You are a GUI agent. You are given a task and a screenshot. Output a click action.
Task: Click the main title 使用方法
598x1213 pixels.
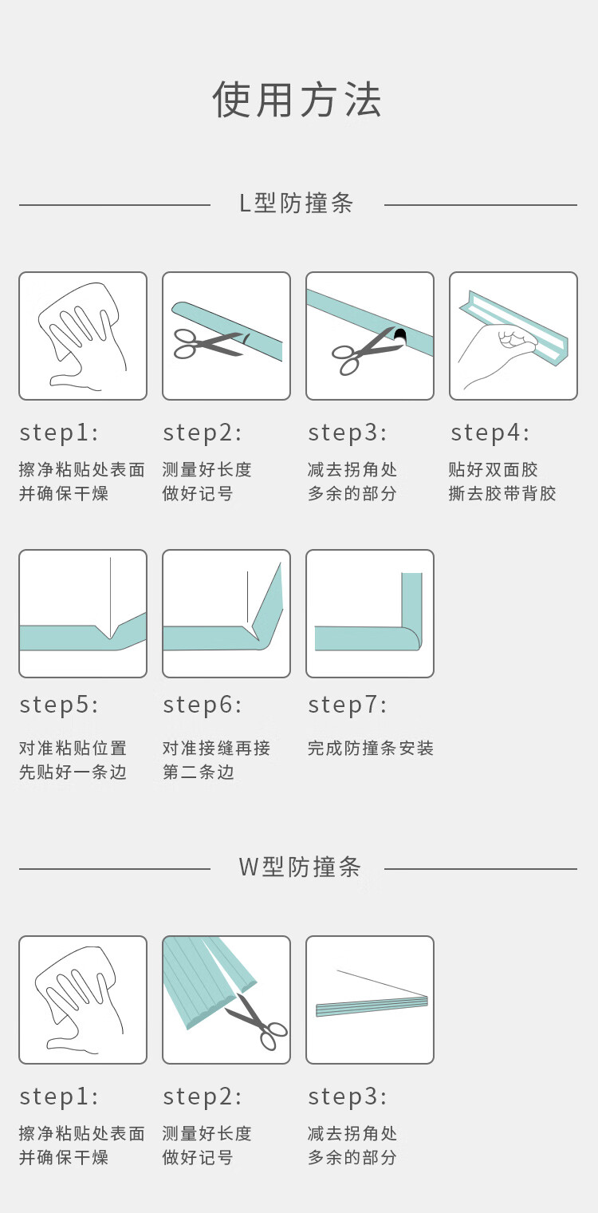(297, 100)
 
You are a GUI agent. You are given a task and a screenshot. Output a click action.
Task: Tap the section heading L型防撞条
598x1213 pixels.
(297, 203)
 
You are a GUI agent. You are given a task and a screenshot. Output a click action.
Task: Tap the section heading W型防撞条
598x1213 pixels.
(300, 867)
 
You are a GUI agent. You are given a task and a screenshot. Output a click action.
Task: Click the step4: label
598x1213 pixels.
(490, 433)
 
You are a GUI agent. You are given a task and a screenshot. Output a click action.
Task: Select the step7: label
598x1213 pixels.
(348, 705)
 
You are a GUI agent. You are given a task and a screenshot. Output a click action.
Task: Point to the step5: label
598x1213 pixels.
(59, 705)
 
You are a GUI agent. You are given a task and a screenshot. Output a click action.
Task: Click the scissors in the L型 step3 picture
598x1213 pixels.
(364, 350)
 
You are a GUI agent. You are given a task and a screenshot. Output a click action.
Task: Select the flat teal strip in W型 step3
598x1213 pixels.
(372, 1006)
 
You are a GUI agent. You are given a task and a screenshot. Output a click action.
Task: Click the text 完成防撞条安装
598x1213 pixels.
(371, 749)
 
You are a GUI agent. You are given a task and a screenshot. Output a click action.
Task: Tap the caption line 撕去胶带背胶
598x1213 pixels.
(502, 493)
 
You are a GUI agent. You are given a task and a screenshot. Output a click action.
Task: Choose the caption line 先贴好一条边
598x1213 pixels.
(73, 772)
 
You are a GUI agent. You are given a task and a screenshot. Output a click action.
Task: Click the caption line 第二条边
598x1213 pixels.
(199, 772)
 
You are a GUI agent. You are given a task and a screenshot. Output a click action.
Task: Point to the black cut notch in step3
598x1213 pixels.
(400, 335)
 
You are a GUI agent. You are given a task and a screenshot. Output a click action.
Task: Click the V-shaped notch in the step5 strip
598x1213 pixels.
(110, 632)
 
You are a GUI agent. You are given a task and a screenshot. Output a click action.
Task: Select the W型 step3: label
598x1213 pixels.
(348, 1096)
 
